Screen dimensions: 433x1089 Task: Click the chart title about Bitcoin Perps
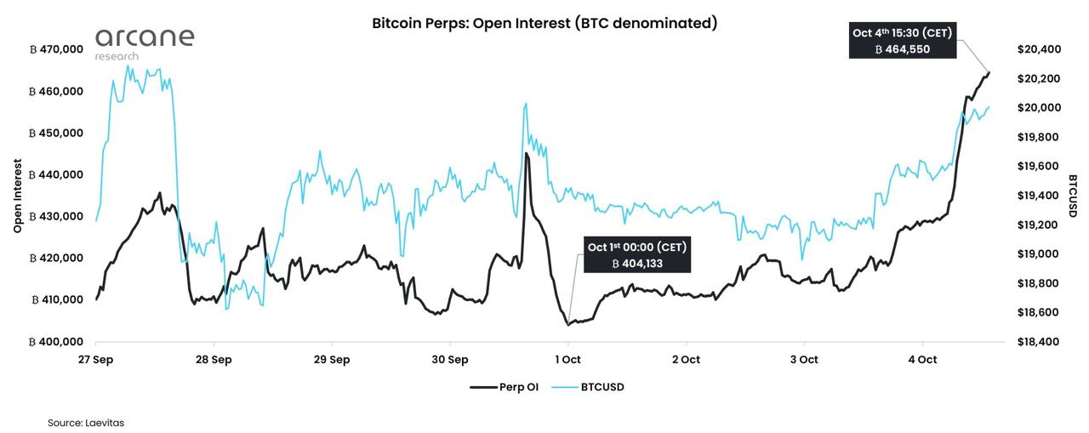click(544, 23)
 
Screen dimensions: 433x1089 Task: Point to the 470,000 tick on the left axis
click(56, 49)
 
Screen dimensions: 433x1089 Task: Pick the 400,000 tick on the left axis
click(56, 341)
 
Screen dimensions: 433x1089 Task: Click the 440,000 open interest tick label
click(56, 174)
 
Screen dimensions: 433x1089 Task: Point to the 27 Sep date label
click(96, 359)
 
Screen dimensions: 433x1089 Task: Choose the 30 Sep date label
click(450, 359)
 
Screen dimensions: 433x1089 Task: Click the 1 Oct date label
click(568, 359)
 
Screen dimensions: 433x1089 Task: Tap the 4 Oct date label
click(922, 359)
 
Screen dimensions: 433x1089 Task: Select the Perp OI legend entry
click(506, 386)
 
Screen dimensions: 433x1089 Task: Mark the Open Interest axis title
click(18, 196)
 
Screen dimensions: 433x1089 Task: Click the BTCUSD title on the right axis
click(1073, 196)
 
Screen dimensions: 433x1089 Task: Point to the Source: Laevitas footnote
click(86, 421)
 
